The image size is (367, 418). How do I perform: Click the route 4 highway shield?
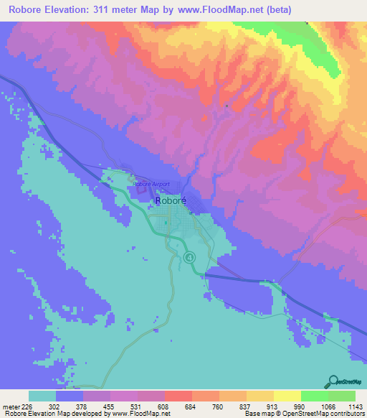189,257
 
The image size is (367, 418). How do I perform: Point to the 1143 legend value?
356,406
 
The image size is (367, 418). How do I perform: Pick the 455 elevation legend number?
110,406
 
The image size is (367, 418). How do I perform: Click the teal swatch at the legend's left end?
42,396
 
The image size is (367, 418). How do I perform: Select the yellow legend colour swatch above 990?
287,396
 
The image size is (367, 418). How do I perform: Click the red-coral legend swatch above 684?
178,396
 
